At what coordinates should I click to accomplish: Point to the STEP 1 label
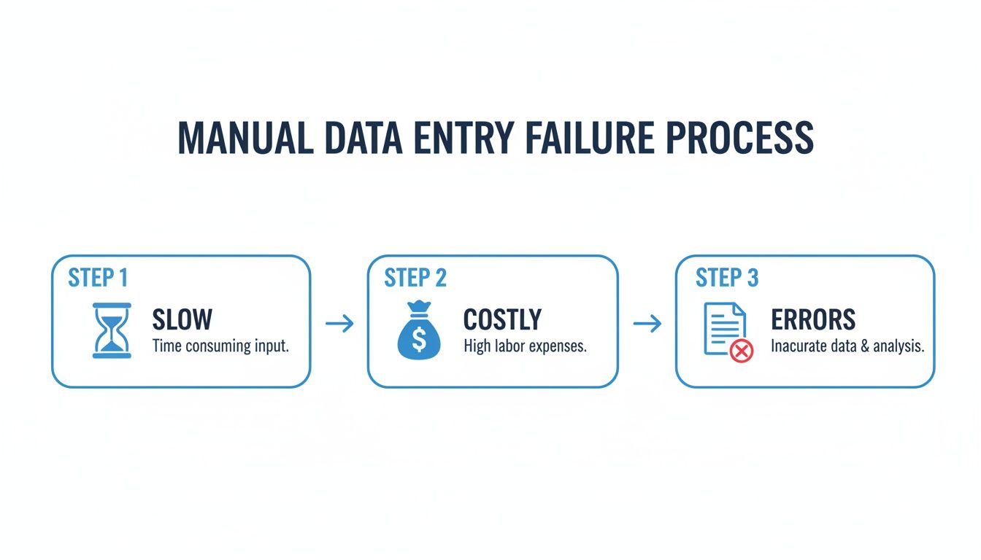[x=98, y=278]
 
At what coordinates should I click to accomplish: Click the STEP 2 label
[x=415, y=278]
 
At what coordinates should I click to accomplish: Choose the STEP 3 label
[x=727, y=278]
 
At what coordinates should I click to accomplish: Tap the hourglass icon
[x=112, y=330]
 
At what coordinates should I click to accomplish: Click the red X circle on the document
[x=742, y=351]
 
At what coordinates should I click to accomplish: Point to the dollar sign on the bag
[x=419, y=338]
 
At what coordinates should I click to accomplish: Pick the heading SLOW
[x=182, y=319]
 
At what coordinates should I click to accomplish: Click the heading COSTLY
[x=502, y=319]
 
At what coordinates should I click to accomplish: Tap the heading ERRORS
[x=813, y=319]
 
